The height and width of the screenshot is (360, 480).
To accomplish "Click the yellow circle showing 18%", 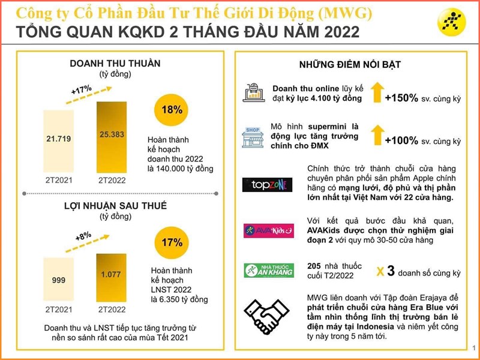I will [172, 110].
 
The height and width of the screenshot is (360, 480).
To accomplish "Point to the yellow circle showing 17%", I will [172, 243].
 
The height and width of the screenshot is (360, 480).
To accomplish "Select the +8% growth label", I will [83, 238].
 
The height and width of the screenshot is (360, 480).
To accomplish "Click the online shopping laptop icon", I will [253, 95].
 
